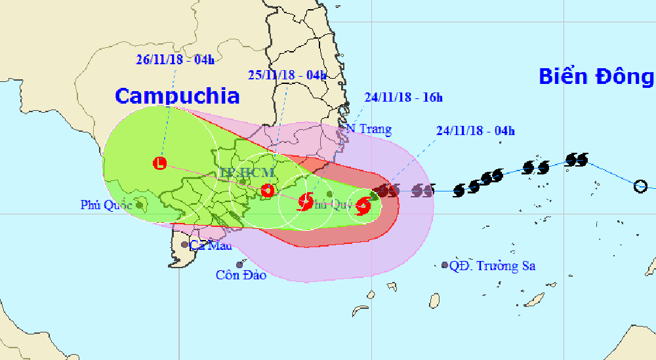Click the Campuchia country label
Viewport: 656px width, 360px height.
point(177,96)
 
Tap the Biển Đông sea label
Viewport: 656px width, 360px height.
point(596,77)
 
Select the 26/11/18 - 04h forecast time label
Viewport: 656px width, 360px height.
point(175,60)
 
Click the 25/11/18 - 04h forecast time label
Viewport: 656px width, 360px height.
point(287,75)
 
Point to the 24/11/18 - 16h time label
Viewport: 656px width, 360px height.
point(403,98)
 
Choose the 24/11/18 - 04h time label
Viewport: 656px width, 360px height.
point(475,130)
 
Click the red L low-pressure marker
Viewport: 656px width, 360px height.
point(159,163)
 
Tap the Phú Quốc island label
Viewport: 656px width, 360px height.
point(107,205)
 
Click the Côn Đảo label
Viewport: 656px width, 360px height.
point(241,275)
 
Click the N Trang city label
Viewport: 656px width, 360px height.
point(369,129)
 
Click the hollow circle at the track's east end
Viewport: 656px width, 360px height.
point(640,187)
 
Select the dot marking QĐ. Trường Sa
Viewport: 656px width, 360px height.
point(445,266)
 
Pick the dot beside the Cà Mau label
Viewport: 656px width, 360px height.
point(185,245)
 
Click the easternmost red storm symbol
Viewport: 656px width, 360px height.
point(363,207)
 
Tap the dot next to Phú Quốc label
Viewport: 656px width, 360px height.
point(140,205)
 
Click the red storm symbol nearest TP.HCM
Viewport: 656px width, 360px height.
point(267,191)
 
